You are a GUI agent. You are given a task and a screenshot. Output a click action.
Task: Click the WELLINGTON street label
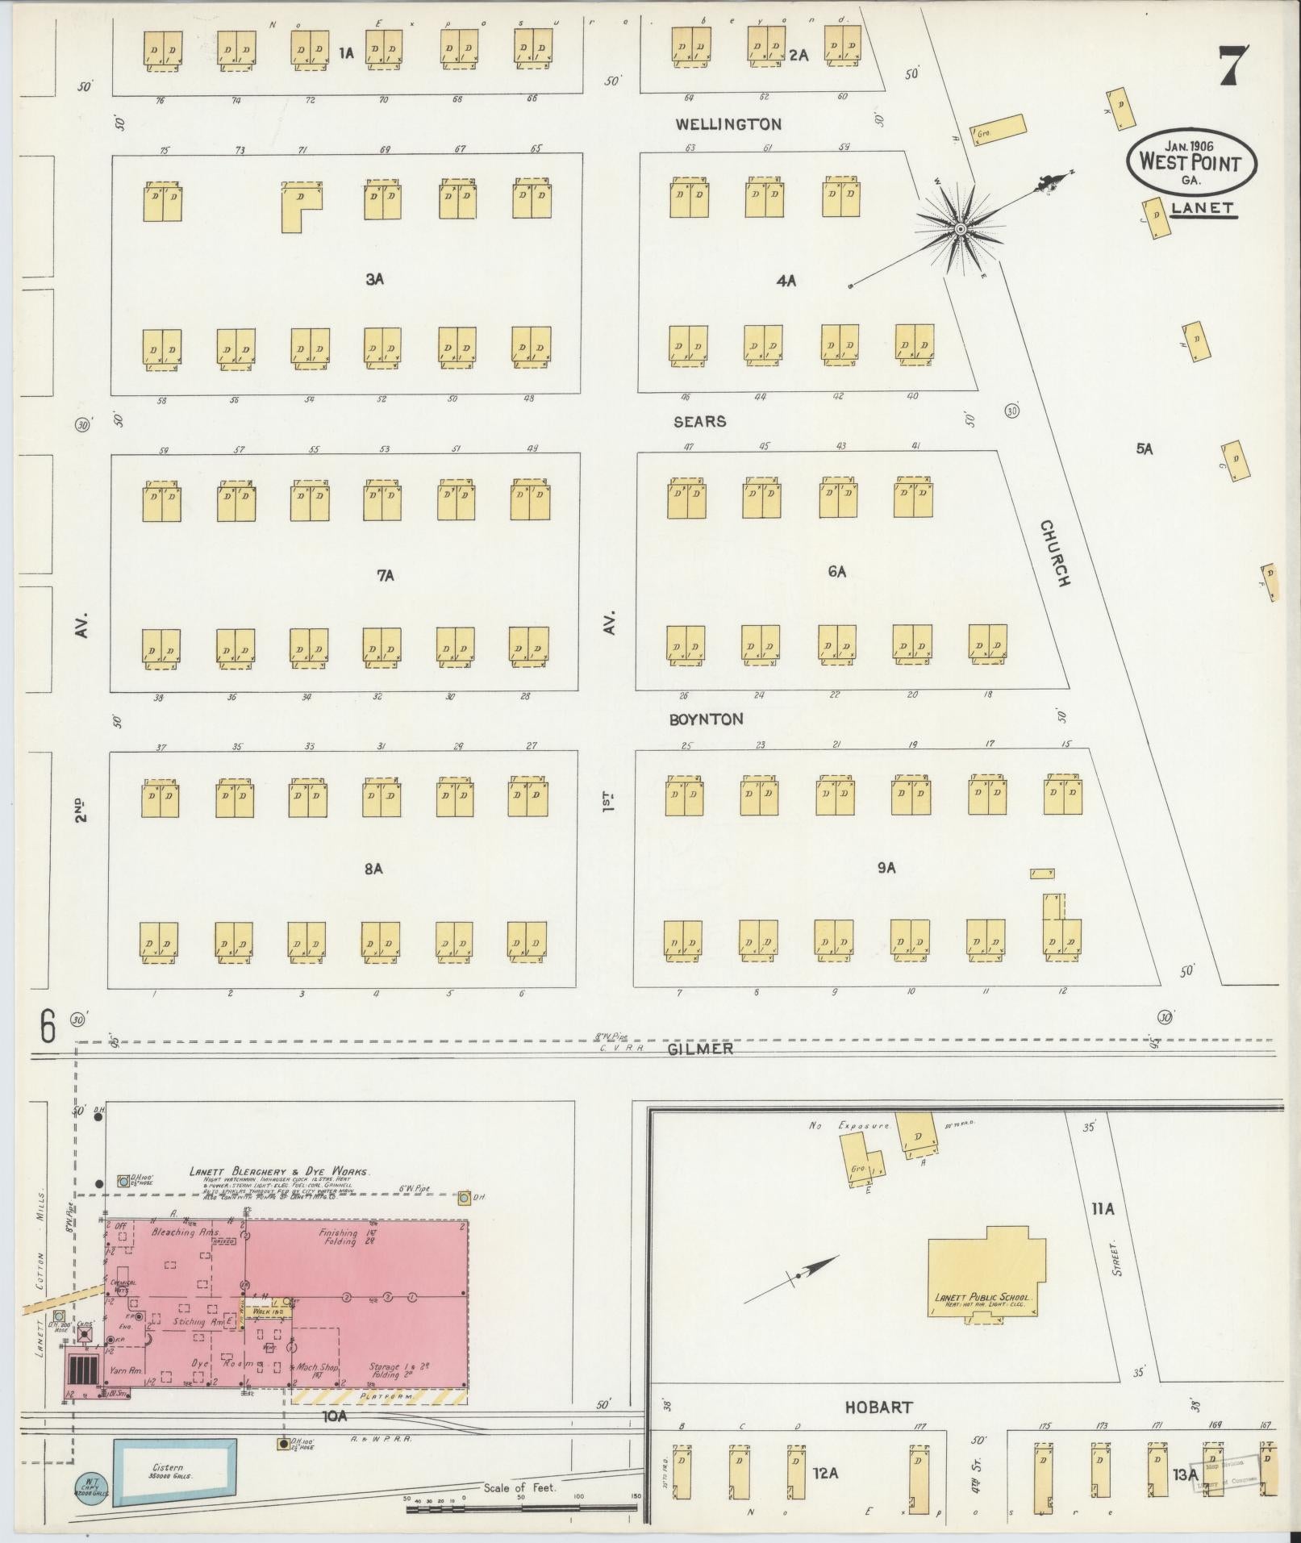(x=728, y=124)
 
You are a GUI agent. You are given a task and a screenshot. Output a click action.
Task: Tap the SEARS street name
(x=699, y=422)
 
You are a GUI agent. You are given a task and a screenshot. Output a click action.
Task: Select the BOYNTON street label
(x=706, y=719)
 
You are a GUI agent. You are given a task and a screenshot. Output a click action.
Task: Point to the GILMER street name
(x=700, y=1049)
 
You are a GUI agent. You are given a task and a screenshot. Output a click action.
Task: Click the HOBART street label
(x=878, y=1407)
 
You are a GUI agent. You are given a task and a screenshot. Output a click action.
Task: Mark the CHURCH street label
(x=1055, y=553)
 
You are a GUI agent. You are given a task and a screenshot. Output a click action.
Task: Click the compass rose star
(x=960, y=230)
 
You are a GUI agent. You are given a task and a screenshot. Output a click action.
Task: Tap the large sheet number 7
(x=1234, y=66)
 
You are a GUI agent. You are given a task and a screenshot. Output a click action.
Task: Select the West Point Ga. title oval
(x=1190, y=161)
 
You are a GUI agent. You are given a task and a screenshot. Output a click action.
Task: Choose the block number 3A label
(x=373, y=280)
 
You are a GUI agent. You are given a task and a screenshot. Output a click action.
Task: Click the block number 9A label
(x=886, y=868)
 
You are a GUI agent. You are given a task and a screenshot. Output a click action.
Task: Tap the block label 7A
(x=385, y=576)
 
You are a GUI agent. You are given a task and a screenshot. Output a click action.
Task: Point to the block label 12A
(x=826, y=1474)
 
